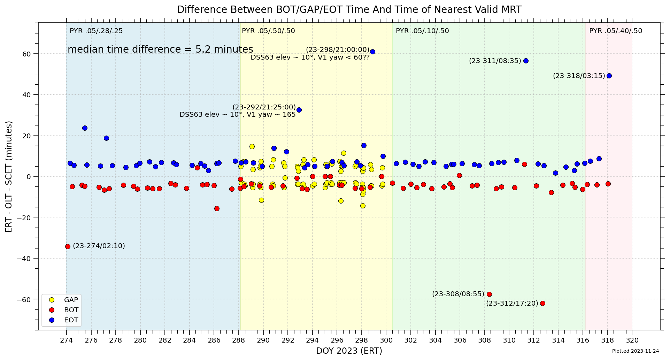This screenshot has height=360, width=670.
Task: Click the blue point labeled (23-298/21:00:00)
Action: pyautogui.click(x=372, y=52)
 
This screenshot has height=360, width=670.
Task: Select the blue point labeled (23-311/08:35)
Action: pyautogui.click(x=526, y=61)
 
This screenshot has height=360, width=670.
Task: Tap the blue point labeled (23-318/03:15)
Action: pyautogui.click(x=609, y=76)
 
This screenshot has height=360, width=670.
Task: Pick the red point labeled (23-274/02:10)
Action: pyautogui.click(x=68, y=246)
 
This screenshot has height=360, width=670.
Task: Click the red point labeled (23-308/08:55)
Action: pyautogui.click(x=489, y=294)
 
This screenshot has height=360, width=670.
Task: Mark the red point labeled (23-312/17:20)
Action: pyautogui.click(x=542, y=303)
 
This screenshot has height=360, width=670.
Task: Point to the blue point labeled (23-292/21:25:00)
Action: pyautogui.click(x=299, y=110)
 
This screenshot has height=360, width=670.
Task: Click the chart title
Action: pyautogui.click(x=349, y=9)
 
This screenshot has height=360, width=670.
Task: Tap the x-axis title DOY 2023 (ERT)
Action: pyautogui.click(x=349, y=351)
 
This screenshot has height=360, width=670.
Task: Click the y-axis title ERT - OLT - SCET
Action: pyautogui.click(x=9, y=176)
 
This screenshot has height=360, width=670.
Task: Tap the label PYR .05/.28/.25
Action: pyautogui.click(x=96, y=31)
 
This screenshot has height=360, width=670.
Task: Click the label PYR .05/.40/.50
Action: pyautogui.click(x=616, y=31)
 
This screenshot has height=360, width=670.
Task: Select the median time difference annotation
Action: pyautogui.click(x=160, y=49)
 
